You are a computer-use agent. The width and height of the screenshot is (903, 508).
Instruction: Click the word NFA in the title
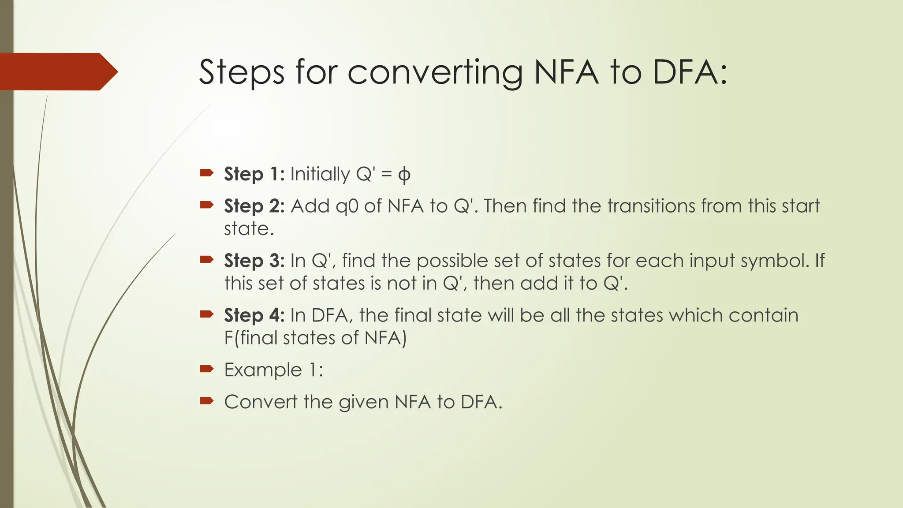(566, 72)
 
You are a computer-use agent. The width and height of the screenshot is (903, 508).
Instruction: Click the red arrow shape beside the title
(57, 71)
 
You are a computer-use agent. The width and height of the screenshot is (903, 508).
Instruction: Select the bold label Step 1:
(254, 174)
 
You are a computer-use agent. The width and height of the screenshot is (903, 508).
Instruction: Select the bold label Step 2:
(254, 206)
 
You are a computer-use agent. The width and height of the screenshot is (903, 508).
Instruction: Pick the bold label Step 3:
(254, 261)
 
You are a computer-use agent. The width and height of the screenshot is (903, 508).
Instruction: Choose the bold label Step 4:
(254, 316)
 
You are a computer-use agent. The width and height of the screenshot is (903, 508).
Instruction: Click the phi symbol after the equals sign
(404, 175)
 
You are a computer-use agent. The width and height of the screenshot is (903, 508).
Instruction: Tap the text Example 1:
(273, 370)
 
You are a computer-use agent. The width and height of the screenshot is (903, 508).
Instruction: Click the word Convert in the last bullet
(261, 402)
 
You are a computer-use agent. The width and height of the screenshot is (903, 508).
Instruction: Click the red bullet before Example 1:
(206, 369)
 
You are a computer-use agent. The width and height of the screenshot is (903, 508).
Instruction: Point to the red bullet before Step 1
(206, 173)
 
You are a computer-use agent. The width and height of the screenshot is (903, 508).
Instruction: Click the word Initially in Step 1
(320, 175)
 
